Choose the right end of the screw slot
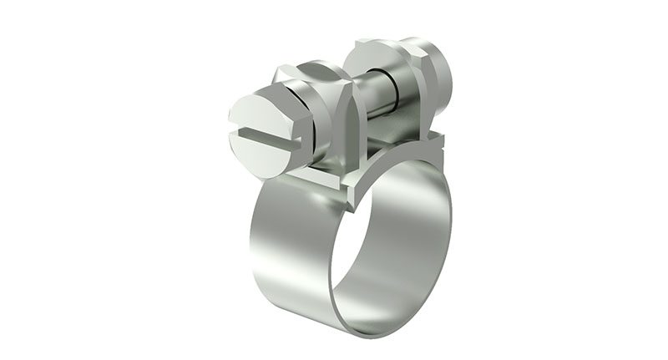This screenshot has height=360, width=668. [x=295, y=147]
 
